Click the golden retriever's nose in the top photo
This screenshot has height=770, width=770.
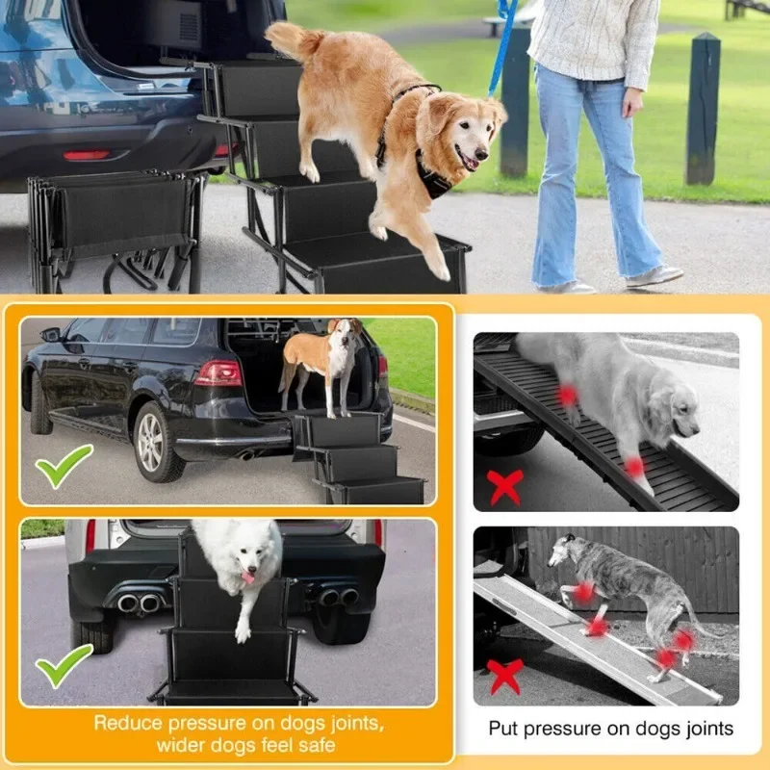click(x=482, y=154)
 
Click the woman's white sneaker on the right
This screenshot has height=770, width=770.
click(x=655, y=276)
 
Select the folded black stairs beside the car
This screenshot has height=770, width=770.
click(x=115, y=231)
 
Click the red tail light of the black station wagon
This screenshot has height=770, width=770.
click(x=219, y=373)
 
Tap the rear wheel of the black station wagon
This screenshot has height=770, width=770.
click(x=156, y=442)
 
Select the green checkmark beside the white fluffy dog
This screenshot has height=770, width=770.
click(x=64, y=664)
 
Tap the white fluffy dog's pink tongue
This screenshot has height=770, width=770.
click(x=248, y=576)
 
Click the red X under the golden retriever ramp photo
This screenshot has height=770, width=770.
click(x=504, y=487)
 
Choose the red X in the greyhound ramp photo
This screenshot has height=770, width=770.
click(x=504, y=677)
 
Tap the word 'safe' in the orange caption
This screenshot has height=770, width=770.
click(x=317, y=745)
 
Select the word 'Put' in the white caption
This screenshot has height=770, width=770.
click(x=502, y=729)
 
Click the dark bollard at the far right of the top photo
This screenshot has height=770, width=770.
click(x=703, y=109)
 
